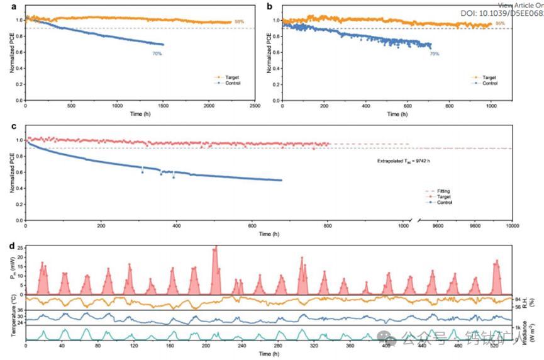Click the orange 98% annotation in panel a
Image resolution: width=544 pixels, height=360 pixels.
[x=239, y=22]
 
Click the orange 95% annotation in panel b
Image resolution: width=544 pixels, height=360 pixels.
[x=500, y=24]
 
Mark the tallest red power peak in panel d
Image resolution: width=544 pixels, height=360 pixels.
[x=216, y=247]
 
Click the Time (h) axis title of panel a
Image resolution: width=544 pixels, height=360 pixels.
[x=140, y=114]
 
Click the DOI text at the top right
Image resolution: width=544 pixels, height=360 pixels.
[x=506, y=12]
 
